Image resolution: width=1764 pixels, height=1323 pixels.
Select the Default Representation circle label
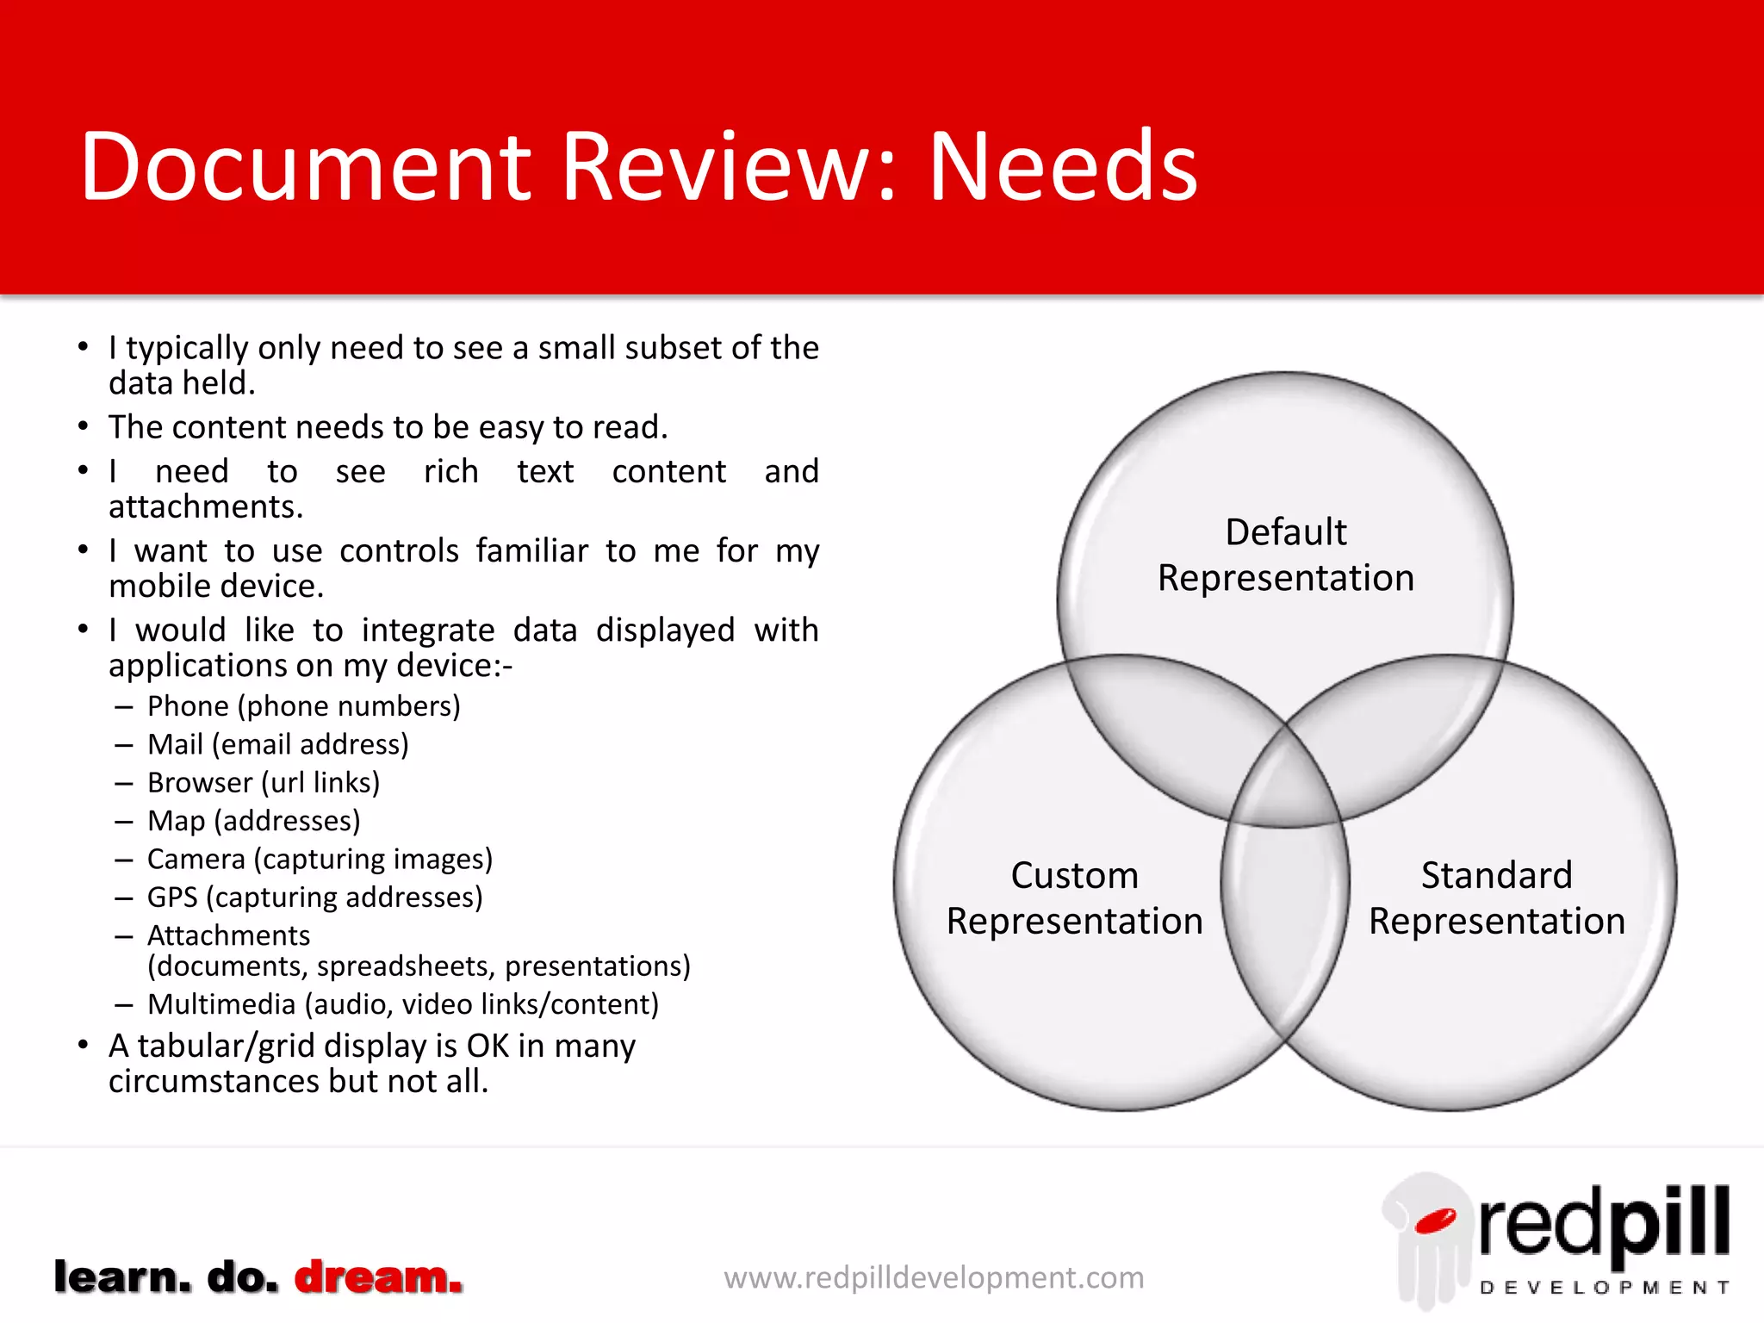pos(1285,555)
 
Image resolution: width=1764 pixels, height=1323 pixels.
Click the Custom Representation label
pos(1074,898)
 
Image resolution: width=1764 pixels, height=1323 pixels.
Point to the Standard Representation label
pos(1496,898)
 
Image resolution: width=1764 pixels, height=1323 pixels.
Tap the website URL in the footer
pos(934,1277)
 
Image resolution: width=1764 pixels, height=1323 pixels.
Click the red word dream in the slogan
pos(378,1276)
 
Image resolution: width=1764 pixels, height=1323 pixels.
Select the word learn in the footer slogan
pos(122,1276)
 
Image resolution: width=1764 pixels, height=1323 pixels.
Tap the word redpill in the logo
pos(1604,1223)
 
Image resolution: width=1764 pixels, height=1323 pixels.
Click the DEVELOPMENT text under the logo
pos(1604,1288)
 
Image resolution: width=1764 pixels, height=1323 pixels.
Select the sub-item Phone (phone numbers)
pos(303,706)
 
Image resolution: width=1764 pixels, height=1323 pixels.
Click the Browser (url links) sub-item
pos(264,782)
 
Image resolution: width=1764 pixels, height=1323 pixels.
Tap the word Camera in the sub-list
pos(196,859)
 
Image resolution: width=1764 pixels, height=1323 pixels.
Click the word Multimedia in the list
pos(221,1004)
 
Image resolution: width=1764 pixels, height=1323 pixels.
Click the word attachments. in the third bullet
pos(206,507)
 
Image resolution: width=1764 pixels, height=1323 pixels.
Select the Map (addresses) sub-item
pos(253,821)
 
